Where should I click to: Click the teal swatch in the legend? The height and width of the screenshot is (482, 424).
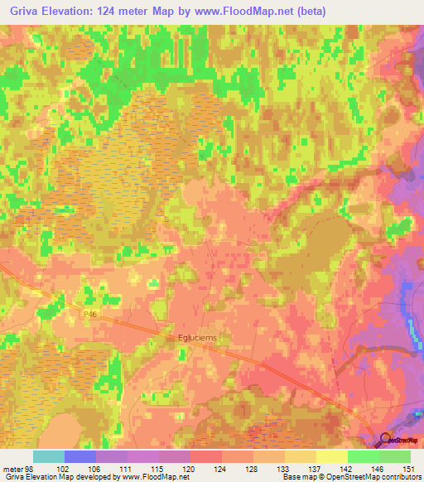[50, 456]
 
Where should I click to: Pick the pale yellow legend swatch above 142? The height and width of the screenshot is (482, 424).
[333, 456]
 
